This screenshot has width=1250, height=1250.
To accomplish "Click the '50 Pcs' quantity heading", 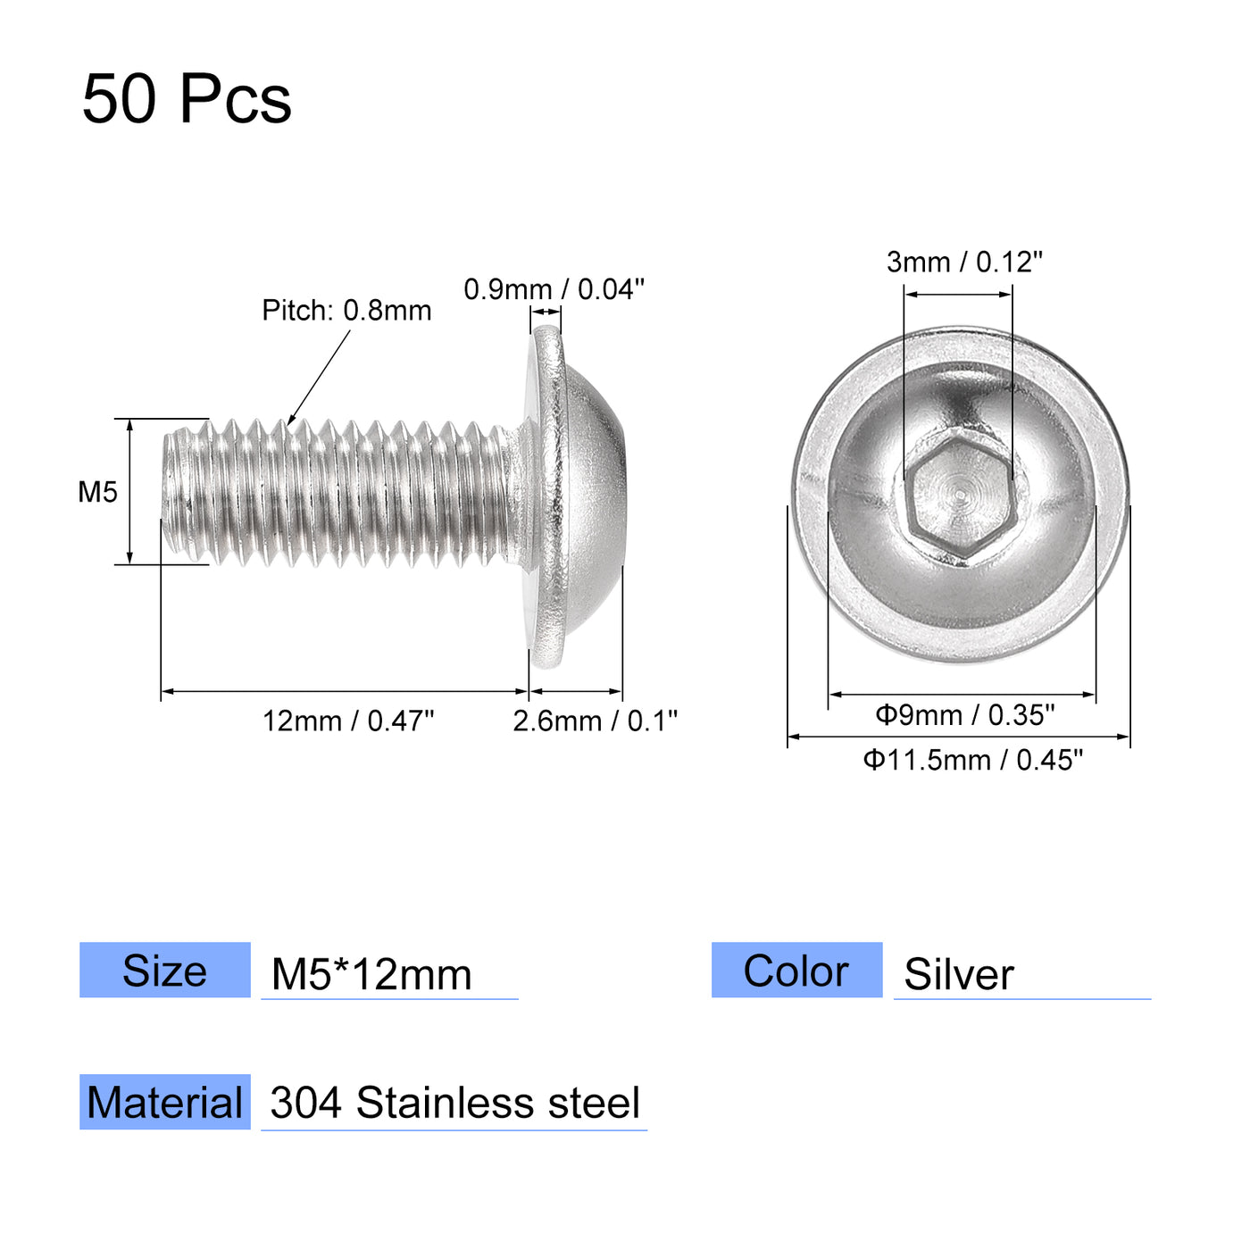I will (187, 98).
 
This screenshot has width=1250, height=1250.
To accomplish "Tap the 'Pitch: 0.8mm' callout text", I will (346, 311).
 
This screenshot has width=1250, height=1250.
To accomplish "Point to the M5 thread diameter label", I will (97, 492).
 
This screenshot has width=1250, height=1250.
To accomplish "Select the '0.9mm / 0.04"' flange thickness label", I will (554, 289).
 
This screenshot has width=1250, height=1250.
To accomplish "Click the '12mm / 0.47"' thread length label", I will (348, 721).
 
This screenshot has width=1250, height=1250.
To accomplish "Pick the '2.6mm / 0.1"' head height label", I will (595, 721).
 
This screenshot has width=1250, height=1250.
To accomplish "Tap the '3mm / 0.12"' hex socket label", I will (964, 262).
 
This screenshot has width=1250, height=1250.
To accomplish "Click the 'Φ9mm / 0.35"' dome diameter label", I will (964, 714).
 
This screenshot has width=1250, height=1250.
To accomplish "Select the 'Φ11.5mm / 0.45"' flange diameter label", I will (972, 760).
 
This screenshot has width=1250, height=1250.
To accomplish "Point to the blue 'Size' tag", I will (165, 971).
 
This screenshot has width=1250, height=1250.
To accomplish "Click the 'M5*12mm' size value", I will (371, 974).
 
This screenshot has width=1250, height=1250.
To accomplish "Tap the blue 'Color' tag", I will (796, 971).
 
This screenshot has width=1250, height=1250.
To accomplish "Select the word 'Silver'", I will (959, 974).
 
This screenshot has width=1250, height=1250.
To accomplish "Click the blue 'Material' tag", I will (165, 1103).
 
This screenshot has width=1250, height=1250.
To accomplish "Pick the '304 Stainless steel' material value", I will (454, 1104).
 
